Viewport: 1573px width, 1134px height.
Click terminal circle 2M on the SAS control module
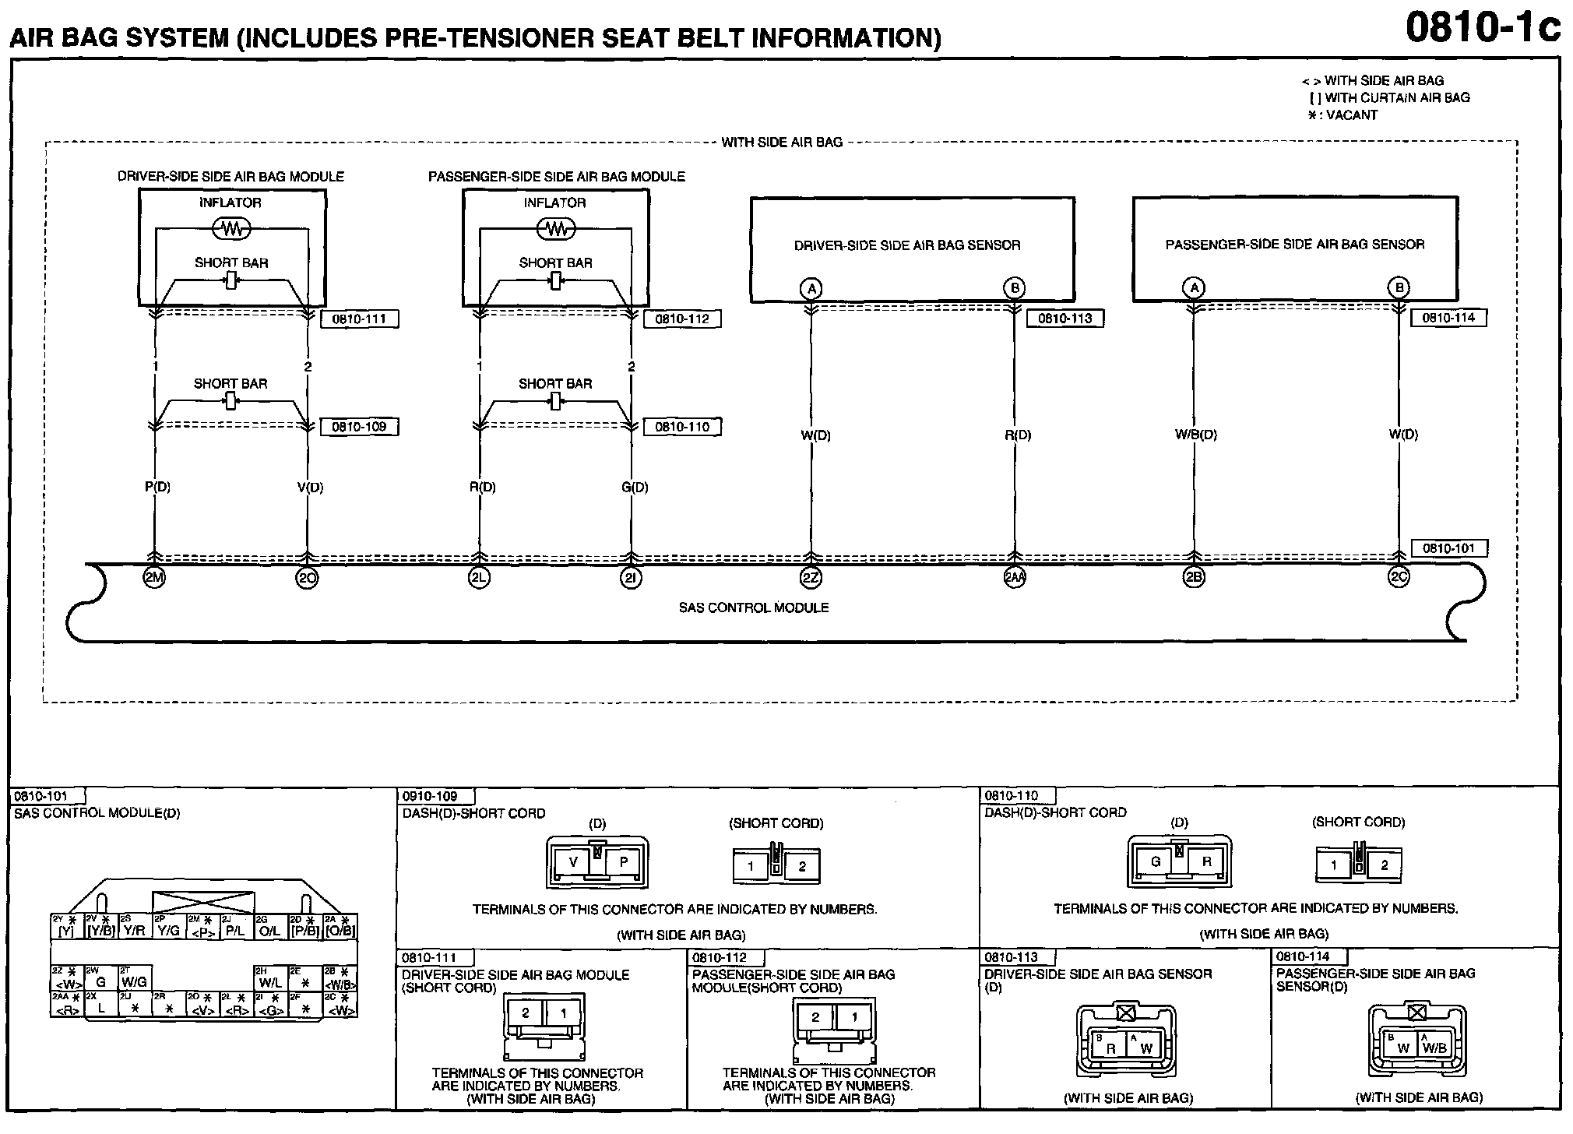(155, 578)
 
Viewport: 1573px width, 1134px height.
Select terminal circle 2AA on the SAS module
(1014, 578)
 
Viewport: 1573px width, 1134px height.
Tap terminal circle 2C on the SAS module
(1399, 578)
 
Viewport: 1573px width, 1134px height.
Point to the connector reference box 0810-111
(359, 319)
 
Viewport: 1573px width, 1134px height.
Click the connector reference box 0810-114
(1448, 318)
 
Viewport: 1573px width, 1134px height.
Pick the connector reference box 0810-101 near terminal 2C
(1448, 548)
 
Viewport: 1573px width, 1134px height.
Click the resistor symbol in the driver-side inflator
(231, 228)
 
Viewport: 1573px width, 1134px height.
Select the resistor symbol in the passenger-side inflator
(556, 228)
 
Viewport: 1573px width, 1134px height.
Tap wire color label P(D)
(157, 488)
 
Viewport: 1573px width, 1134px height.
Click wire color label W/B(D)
(1195, 435)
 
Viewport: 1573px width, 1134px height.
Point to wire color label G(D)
(635, 488)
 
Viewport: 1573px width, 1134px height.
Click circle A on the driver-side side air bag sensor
(811, 289)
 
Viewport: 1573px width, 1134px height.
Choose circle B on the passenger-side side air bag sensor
(1399, 288)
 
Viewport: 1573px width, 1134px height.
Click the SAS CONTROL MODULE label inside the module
(753, 607)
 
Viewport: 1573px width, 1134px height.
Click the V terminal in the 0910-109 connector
(574, 862)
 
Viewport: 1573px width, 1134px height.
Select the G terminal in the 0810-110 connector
(1156, 861)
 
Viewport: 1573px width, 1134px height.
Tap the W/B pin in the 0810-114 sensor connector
(1434, 1048)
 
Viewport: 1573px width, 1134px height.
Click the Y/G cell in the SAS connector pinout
(168, 930)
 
